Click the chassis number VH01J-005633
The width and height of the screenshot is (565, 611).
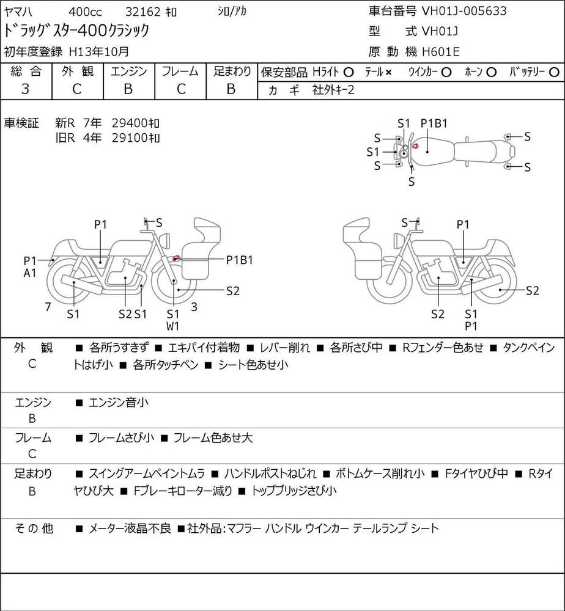[464, 11]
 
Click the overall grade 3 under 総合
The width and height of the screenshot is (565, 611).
[25, 89]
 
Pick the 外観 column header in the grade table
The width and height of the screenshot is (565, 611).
[78, 71]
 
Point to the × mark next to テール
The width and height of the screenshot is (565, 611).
[388, 73]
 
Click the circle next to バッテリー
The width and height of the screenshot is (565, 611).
[554, 73]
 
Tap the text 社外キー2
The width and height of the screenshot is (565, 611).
[333, 90]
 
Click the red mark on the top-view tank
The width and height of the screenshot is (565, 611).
[415, 147]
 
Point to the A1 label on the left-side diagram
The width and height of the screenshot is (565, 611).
[29, 273]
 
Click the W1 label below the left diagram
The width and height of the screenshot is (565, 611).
[172, 326]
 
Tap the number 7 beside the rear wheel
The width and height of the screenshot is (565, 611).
[48, 307]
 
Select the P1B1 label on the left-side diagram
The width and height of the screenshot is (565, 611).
[240, 260]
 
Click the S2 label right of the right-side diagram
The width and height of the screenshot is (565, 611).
[532, 291]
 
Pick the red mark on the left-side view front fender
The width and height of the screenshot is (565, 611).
[176, 258]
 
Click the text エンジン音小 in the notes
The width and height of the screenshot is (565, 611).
[119, 402]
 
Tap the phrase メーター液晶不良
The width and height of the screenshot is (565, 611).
[130, 529]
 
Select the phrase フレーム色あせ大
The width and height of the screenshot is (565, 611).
[213, 437]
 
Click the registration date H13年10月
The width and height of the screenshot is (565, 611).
[99, 51]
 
